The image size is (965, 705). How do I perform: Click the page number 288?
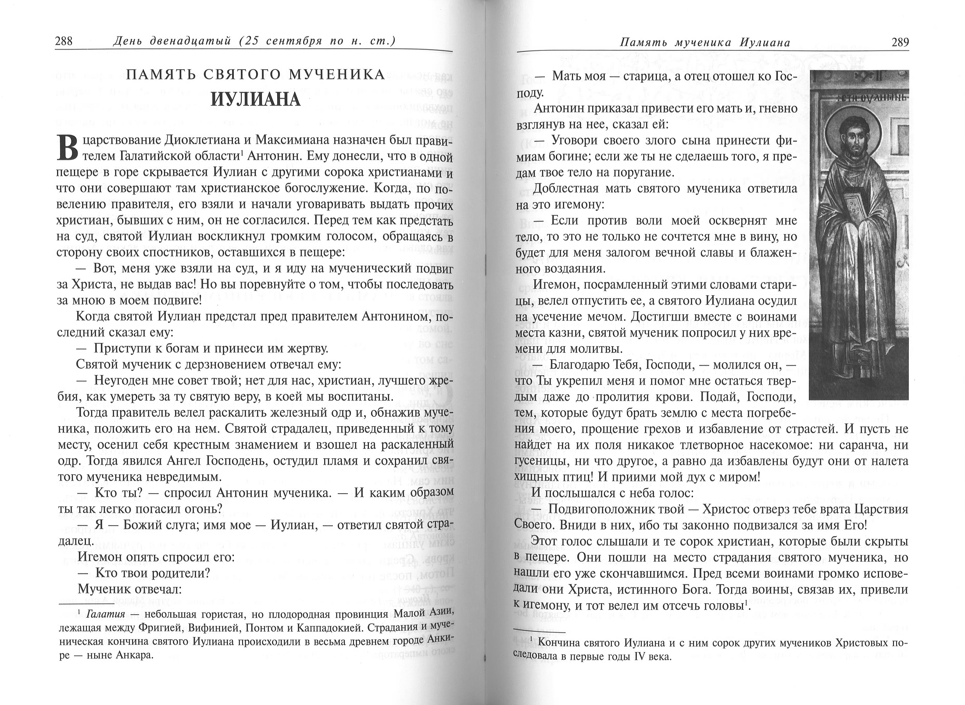(64, 42)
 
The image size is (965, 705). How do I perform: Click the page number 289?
(900, 43)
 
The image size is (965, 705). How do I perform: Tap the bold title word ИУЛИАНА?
(255, 100)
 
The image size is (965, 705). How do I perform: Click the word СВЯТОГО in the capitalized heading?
(242, 75)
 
